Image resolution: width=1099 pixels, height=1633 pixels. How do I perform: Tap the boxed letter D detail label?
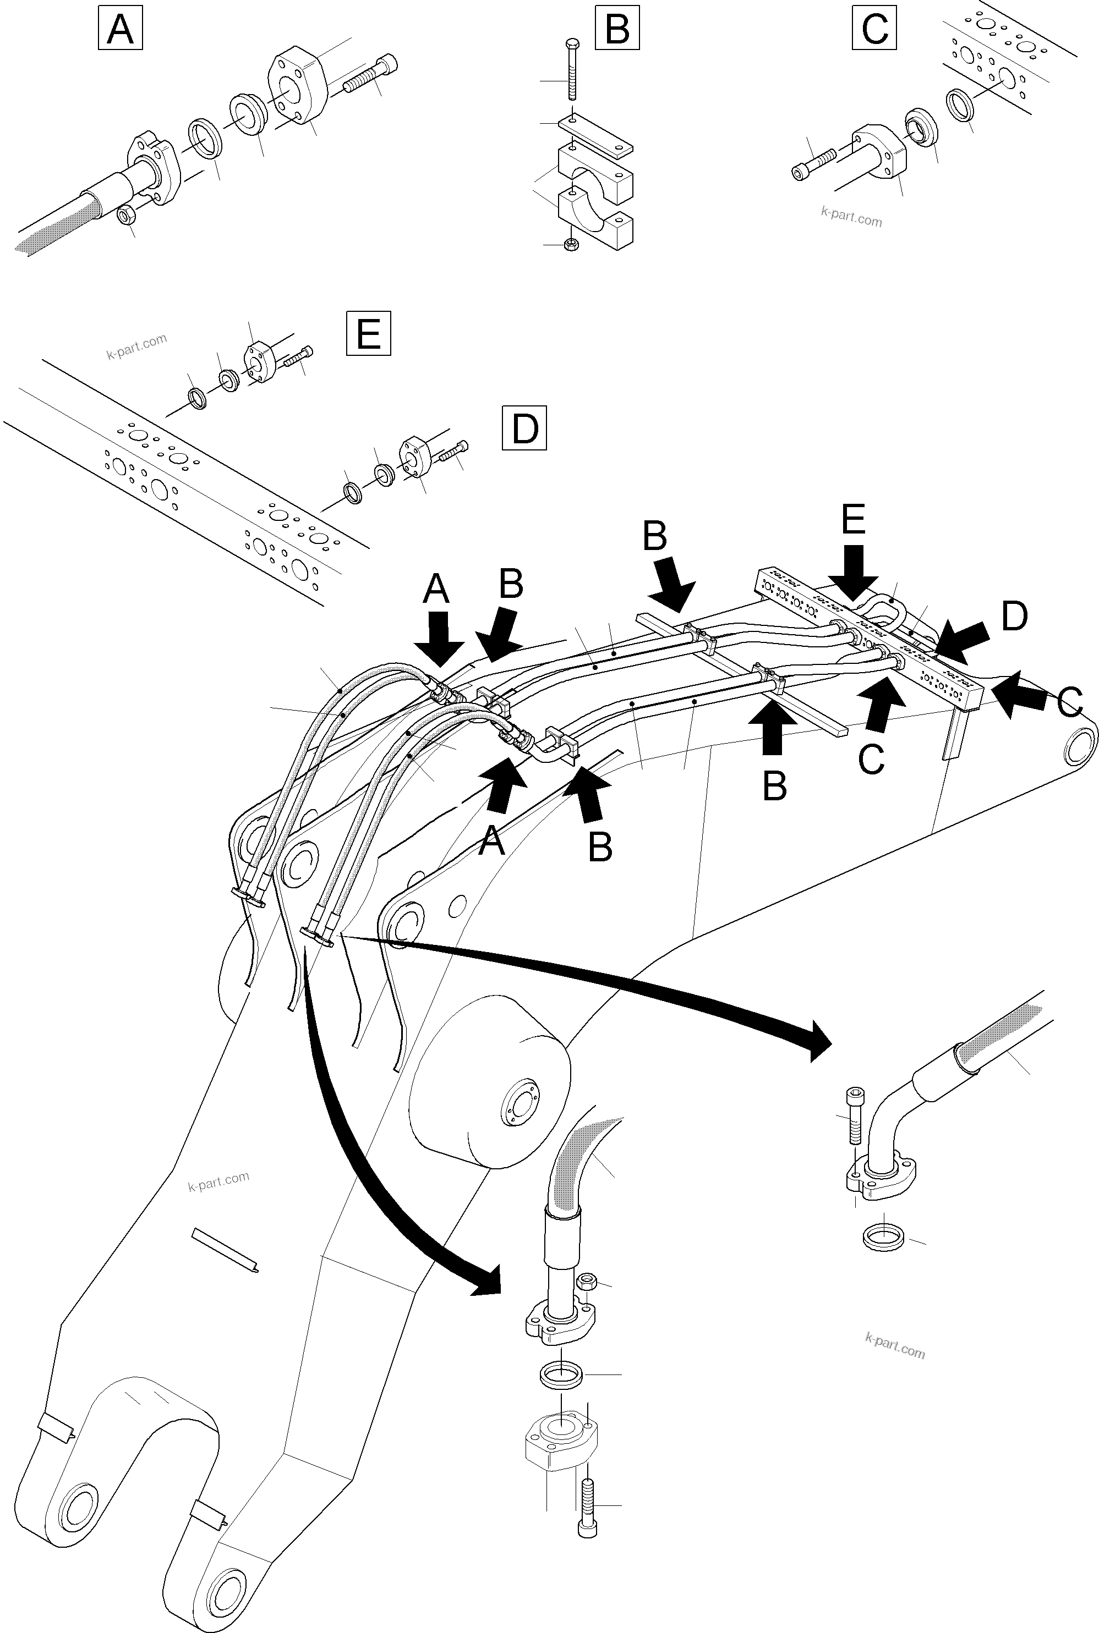524,429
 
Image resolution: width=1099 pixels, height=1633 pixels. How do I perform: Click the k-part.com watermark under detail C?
851,218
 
